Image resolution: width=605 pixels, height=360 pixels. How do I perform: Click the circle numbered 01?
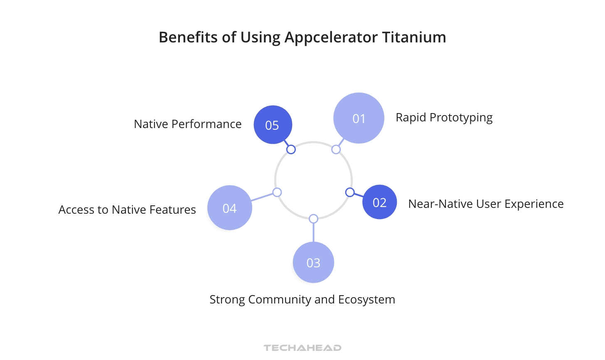(359, 118)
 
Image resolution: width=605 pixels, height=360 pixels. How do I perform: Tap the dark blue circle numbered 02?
(379, 202)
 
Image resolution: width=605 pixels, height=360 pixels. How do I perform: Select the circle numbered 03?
(313, 262)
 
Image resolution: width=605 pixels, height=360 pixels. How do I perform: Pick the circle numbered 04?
(229, 208)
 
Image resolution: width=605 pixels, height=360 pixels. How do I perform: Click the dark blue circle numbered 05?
(273, 125)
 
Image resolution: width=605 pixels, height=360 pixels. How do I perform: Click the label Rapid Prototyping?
(444, 118)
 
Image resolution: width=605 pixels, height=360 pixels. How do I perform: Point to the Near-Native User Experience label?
(486, 204)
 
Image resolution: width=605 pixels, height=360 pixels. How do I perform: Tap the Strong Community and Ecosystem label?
(302, 300)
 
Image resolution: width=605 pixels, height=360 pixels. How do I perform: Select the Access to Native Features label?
(127, 210)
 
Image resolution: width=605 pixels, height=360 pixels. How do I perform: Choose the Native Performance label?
(187, 124)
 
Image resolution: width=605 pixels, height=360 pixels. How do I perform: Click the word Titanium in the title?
(414, 37)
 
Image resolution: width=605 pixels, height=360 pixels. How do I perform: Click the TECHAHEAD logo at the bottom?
(302, 348)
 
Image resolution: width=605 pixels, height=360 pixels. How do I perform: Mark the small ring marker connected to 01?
(336, 149)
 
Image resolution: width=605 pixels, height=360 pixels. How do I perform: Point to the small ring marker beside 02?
(350, 192)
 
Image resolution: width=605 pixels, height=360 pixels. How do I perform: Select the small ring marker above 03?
(314, 219)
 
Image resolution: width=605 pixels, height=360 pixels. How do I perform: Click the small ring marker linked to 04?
(277, 192)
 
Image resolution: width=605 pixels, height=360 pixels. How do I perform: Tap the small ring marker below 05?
(291, 149)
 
